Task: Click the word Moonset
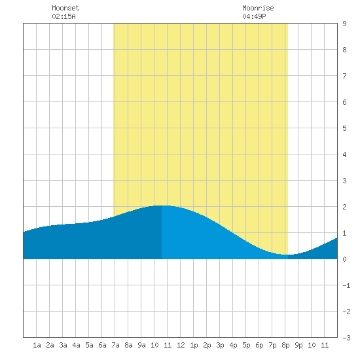(x=65, y=8)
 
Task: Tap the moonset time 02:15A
(x=63, y=16)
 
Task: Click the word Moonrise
(x=258, y=8)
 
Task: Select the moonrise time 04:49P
(x=254, y=16)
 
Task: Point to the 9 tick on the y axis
(x=344, y=24)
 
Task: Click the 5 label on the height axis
(x=344, y=128)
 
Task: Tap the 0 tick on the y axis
(x=344, y=259)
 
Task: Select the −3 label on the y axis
(x=346, y=338)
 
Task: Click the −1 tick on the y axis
(x=346, y=285)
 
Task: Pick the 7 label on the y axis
(x=344, y=76)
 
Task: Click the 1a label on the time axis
(x=37, y=345)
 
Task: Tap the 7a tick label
(x=115, y=345)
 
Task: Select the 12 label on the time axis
(x=181, y=345)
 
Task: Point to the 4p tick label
(x=233, y=345)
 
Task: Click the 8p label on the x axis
(x=285, y=345)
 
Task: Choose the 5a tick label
(x=89, y=345)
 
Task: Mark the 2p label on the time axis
(x=207, y=345)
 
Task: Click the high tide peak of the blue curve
(x=162, y=206)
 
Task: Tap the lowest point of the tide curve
(x=288, y=255)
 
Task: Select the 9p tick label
(x=298, y=345)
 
